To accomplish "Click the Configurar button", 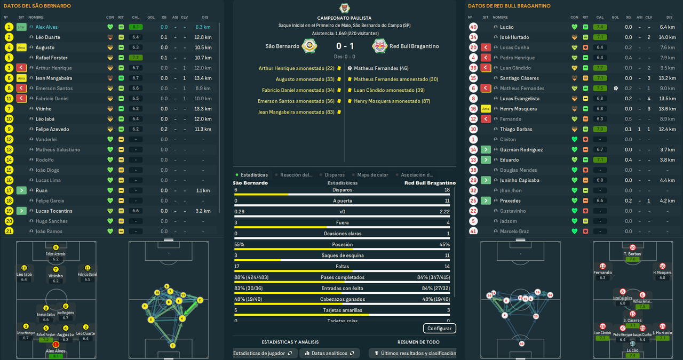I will [440, 328].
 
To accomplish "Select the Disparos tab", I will [335, 175].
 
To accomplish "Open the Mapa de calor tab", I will [372, 175].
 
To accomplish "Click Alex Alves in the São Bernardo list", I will [46, 27].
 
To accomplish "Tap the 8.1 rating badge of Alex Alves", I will [136, 27].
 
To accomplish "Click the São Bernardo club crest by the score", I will [309, 46].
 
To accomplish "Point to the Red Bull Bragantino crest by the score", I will [379, 46].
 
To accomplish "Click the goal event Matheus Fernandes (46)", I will [381, 68].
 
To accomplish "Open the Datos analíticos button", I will [329, 353].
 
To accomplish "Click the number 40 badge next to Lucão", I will [473, 27].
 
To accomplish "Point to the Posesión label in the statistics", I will [342, 245].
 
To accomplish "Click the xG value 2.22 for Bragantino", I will [444, 212].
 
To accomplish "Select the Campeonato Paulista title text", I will [344, 18].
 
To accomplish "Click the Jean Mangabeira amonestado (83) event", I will [296, 113].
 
